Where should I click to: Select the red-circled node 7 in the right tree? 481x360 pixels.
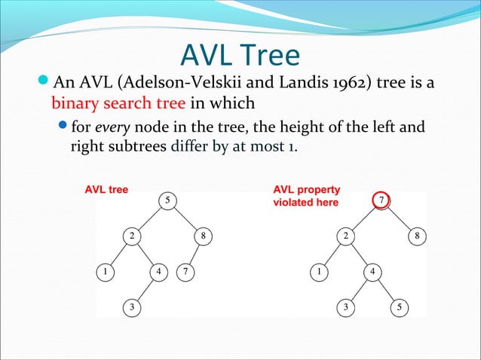click(x=382, y=201)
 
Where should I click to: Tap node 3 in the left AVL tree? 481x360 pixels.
click(x=132, y=307)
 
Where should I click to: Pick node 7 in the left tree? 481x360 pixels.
click(x=185, y=270)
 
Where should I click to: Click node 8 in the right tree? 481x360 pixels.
click(x=416, y=236)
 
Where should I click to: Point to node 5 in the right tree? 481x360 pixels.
click(x=400, y=307)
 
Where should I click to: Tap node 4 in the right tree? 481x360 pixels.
click(x=372, y=270)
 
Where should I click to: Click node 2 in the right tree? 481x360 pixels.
click(x=345, y=236)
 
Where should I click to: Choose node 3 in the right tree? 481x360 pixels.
click(x=345, y=307)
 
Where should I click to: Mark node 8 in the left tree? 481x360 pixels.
click(x=203, y=236)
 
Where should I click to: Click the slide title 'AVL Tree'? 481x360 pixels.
click(x=240, y=56)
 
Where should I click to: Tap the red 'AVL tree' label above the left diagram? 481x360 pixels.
click(x=106, y=189)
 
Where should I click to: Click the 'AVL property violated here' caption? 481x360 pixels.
click(x=306, y=196)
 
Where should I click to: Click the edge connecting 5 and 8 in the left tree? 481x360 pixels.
click(x=185, y=218)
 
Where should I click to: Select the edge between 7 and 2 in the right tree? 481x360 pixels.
click(x=363, y=218)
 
